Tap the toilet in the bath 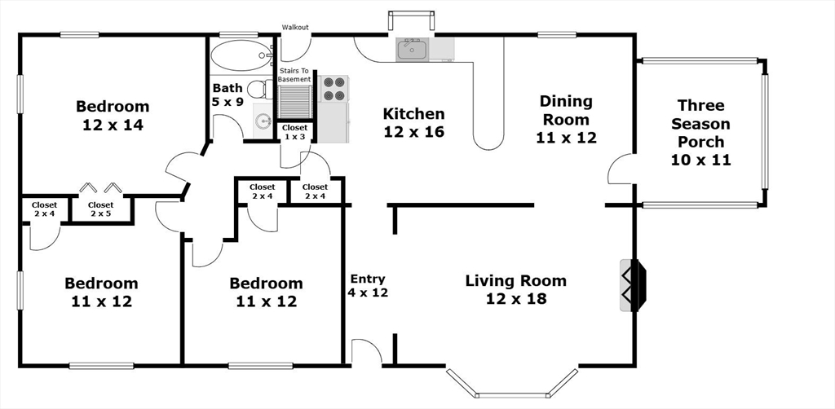261,89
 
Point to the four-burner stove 334,88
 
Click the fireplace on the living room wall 633,284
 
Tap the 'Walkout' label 295,27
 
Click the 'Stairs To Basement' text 294,75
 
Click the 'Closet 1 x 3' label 294,132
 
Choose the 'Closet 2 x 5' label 100,209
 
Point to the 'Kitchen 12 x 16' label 413,122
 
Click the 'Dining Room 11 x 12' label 566,119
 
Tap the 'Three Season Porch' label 700,123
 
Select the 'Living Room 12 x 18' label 516,288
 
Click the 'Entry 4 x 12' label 368,286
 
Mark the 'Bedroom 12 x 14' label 113,115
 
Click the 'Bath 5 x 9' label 228,95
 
